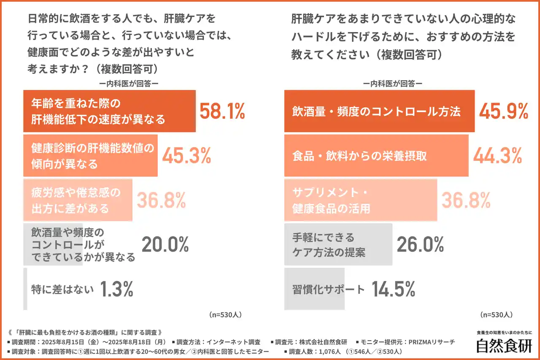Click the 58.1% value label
(x=222, y=111)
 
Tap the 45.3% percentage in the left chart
(x=186, y=156)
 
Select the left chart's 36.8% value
(x=161, y=200)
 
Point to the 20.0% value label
(x=165, y=245)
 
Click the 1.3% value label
(x=116, y=289)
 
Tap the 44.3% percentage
(x=497, y=156)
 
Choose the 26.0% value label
(x=421, y=245)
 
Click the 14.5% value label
(x=393, y=289)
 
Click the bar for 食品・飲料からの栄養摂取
(x=376, y=156)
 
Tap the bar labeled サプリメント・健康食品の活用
(x=360, y=200)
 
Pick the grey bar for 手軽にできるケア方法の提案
(x=338, y=245)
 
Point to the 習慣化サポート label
(x=328, y=290)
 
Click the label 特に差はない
(x=62, y=290)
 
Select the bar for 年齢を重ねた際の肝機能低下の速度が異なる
(x=109, y=111)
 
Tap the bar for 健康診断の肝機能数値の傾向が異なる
(x=90, y=156)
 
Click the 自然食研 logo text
(x=504, y=345)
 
